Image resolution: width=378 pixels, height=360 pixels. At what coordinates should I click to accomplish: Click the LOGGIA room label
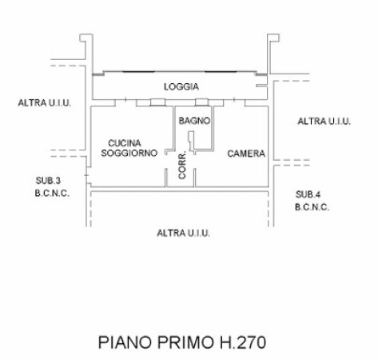(181, 86)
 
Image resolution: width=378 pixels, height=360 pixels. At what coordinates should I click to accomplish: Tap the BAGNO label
(194, 121)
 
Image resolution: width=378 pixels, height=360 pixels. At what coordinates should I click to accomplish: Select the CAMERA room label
(246, 154)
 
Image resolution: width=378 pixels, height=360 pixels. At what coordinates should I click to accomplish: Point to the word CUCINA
(125, 143)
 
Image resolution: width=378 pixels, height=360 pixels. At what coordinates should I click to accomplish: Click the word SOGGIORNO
(129, 153)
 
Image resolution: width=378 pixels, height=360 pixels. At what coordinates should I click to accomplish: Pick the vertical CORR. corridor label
(182, 166)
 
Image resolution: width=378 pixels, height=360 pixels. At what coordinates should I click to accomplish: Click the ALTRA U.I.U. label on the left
(45, 103)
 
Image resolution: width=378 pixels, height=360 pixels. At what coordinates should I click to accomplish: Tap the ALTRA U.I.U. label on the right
(324, 122)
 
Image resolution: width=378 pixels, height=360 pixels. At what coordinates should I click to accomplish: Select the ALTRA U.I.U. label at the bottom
(183, 234)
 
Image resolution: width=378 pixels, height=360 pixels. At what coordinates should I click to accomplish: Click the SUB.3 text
(48, 181)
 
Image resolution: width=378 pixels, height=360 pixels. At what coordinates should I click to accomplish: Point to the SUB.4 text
(308, 194)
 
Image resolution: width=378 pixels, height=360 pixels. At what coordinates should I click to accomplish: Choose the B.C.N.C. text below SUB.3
(52, 194)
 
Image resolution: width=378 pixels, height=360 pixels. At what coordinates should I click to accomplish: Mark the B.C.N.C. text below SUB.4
(312, 207)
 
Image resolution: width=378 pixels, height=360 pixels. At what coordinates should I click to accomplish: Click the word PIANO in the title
(125, 342)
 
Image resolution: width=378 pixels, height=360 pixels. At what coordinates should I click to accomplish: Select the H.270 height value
(243, 342)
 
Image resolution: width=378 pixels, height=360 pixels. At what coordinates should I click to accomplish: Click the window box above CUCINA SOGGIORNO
(157, 102)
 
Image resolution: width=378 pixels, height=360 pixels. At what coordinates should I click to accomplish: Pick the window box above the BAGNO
(202, 102)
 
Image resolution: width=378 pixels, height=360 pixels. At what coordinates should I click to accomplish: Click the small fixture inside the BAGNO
(191, 141)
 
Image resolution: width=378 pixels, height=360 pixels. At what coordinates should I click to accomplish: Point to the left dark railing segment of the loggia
(138, 71)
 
